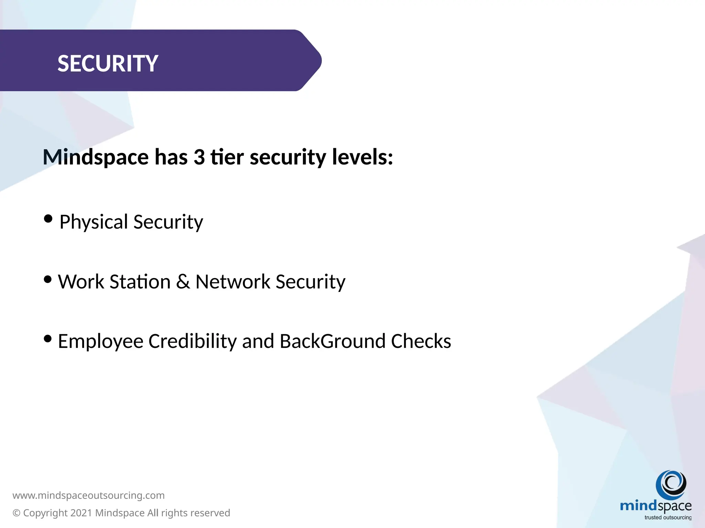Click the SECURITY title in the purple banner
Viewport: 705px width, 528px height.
point(107,64)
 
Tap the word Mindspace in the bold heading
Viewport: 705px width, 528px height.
point(96,157)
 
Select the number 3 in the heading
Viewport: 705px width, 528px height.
point(199,157)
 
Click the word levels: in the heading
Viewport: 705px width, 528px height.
point(362,157)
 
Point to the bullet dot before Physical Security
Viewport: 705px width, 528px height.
point(48,219)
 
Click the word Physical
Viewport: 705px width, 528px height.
point(94,222)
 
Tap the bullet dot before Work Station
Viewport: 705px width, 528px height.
point(48,279)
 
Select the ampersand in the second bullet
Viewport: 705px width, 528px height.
point(183,282)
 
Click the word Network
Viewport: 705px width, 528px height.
point(233,282)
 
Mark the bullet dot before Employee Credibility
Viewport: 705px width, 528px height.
point(48,339)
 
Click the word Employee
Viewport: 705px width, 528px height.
point(101,341)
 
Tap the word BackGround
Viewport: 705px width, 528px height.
point(332,341)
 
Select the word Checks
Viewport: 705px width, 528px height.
point(421,341)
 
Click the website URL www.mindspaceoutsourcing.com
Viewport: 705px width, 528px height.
point(88,495)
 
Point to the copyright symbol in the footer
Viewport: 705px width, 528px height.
point(17,513)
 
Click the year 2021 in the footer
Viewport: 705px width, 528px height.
point(81,513)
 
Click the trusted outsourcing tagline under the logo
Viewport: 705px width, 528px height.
point(668,517)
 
